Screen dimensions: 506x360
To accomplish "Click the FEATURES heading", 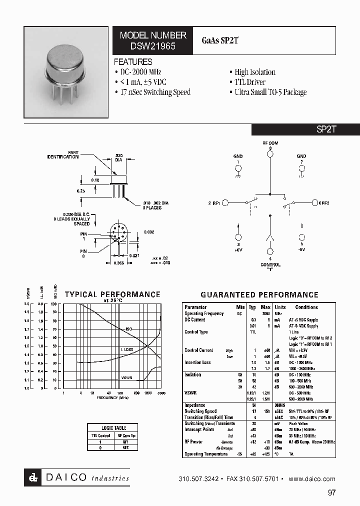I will coord(133,62).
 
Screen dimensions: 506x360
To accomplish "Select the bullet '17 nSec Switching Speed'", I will coord(152,92).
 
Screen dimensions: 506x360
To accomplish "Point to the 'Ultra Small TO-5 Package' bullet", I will coord(270,92).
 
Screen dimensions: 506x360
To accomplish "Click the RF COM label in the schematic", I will coord(270,143).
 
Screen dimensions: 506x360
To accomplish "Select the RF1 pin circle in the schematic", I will coord(225,202).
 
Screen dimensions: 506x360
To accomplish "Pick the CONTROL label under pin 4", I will coord(270,265).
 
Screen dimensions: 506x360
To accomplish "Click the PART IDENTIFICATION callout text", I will coord(63,155).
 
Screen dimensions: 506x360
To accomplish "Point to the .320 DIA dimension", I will coord(119,157).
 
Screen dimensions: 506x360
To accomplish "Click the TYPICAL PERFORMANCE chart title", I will coord(112,294).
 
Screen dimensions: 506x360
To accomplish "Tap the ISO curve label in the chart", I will coord(128,329).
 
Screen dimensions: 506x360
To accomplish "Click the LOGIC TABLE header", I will coord(114,428).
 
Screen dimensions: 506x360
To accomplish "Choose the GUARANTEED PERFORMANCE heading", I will coord(259,295).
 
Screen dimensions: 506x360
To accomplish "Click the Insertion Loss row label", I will coord(197,362).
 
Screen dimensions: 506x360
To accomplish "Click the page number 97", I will coord(331,492).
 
